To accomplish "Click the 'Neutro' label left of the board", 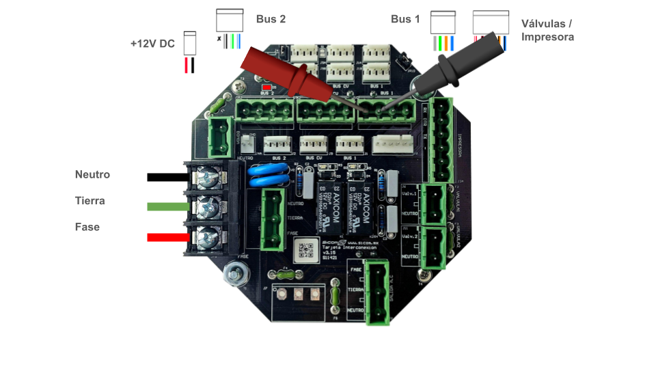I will click(x=92, y=175).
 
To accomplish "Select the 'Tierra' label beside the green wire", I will click(x=90, y=201).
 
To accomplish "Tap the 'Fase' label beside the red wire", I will click(x=87, y=227).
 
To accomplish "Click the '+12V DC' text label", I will click(x=152, y=44).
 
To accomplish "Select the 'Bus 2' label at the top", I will click(x=271, y=19).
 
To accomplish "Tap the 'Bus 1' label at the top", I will click(x=405, y=19).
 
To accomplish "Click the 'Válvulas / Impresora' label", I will click(x=547, y=30).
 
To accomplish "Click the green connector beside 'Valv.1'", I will click(x=434, y=203).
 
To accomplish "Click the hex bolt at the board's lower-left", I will click(x=236, y=275).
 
